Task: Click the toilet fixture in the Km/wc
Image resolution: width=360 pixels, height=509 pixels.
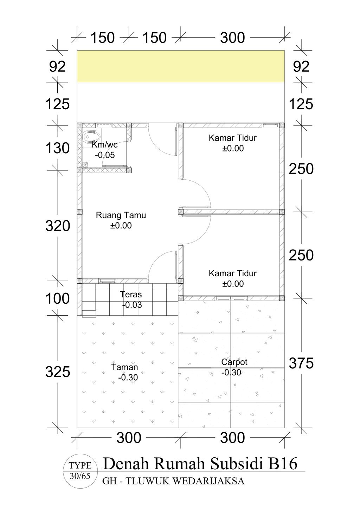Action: click(92, 137)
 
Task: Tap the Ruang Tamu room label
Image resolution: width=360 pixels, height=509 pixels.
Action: click(121, 215)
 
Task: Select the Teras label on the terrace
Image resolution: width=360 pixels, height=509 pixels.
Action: click(131, 294)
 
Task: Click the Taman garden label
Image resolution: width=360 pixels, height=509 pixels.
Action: click(124, 367)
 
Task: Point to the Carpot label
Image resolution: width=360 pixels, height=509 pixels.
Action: click(234, 362)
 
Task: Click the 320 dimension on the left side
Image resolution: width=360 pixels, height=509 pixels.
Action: click(58, 226)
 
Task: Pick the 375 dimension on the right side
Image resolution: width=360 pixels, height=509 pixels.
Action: click(301, 363)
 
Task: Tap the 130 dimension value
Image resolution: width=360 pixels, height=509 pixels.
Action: click(58, 148)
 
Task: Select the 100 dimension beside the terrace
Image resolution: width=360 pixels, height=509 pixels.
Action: click(58, 298)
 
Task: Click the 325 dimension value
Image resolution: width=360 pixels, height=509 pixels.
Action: click(58, 372)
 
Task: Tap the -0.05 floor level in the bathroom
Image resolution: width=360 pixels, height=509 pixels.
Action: click(105, 155)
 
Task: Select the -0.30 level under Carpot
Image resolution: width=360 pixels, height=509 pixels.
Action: click(231, 372)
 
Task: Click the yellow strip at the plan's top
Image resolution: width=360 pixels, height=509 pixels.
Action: click(181, 66)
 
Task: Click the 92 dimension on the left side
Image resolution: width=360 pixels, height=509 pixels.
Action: click(58, 67)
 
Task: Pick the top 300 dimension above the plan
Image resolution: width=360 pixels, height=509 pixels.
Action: click(232, 38)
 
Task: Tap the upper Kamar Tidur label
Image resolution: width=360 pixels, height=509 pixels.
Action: click(233, 138)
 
